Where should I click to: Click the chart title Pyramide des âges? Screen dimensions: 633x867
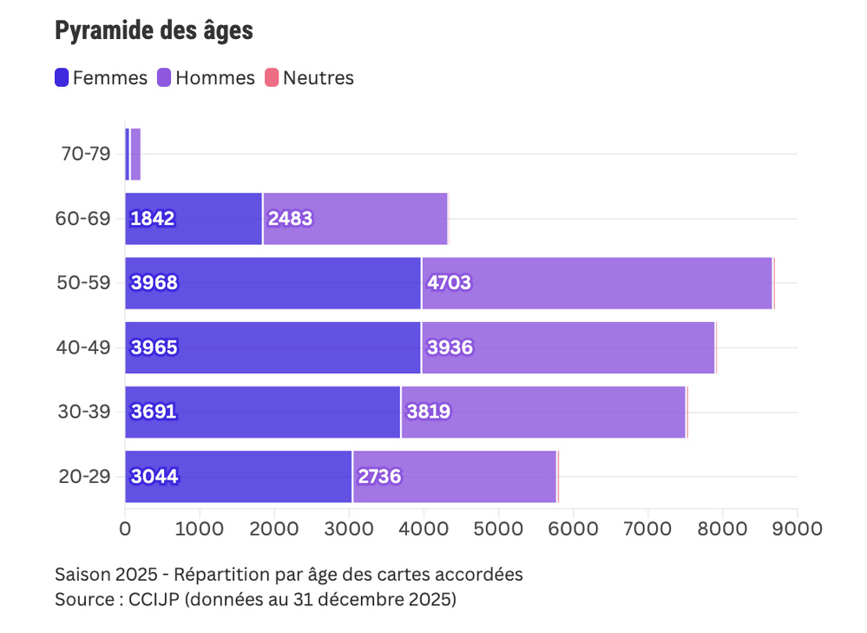[x=154, y=31]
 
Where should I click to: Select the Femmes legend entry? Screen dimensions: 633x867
[x=101, y=78]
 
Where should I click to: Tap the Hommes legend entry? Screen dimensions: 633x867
[x=206, y=78]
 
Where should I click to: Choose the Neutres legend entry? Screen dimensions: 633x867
[x=309, y=78]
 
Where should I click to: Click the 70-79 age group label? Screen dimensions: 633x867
[x=86, y=155]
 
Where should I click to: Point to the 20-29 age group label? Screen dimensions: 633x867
[x=86, y=476]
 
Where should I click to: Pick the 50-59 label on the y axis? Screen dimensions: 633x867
[x=86, y=283]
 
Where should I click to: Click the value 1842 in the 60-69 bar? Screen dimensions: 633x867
[x=153, y=219]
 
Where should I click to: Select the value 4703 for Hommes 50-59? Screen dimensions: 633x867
[x=449, y=283]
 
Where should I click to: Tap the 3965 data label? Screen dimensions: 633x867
[x=154, y=347]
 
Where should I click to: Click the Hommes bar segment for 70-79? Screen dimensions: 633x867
[x=135, y=155]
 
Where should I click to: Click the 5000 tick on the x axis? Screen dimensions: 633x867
[x=498, y=527]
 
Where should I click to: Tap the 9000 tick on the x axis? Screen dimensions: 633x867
[x=797, y=527]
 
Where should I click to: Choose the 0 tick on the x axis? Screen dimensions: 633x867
[x=125, y=527]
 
